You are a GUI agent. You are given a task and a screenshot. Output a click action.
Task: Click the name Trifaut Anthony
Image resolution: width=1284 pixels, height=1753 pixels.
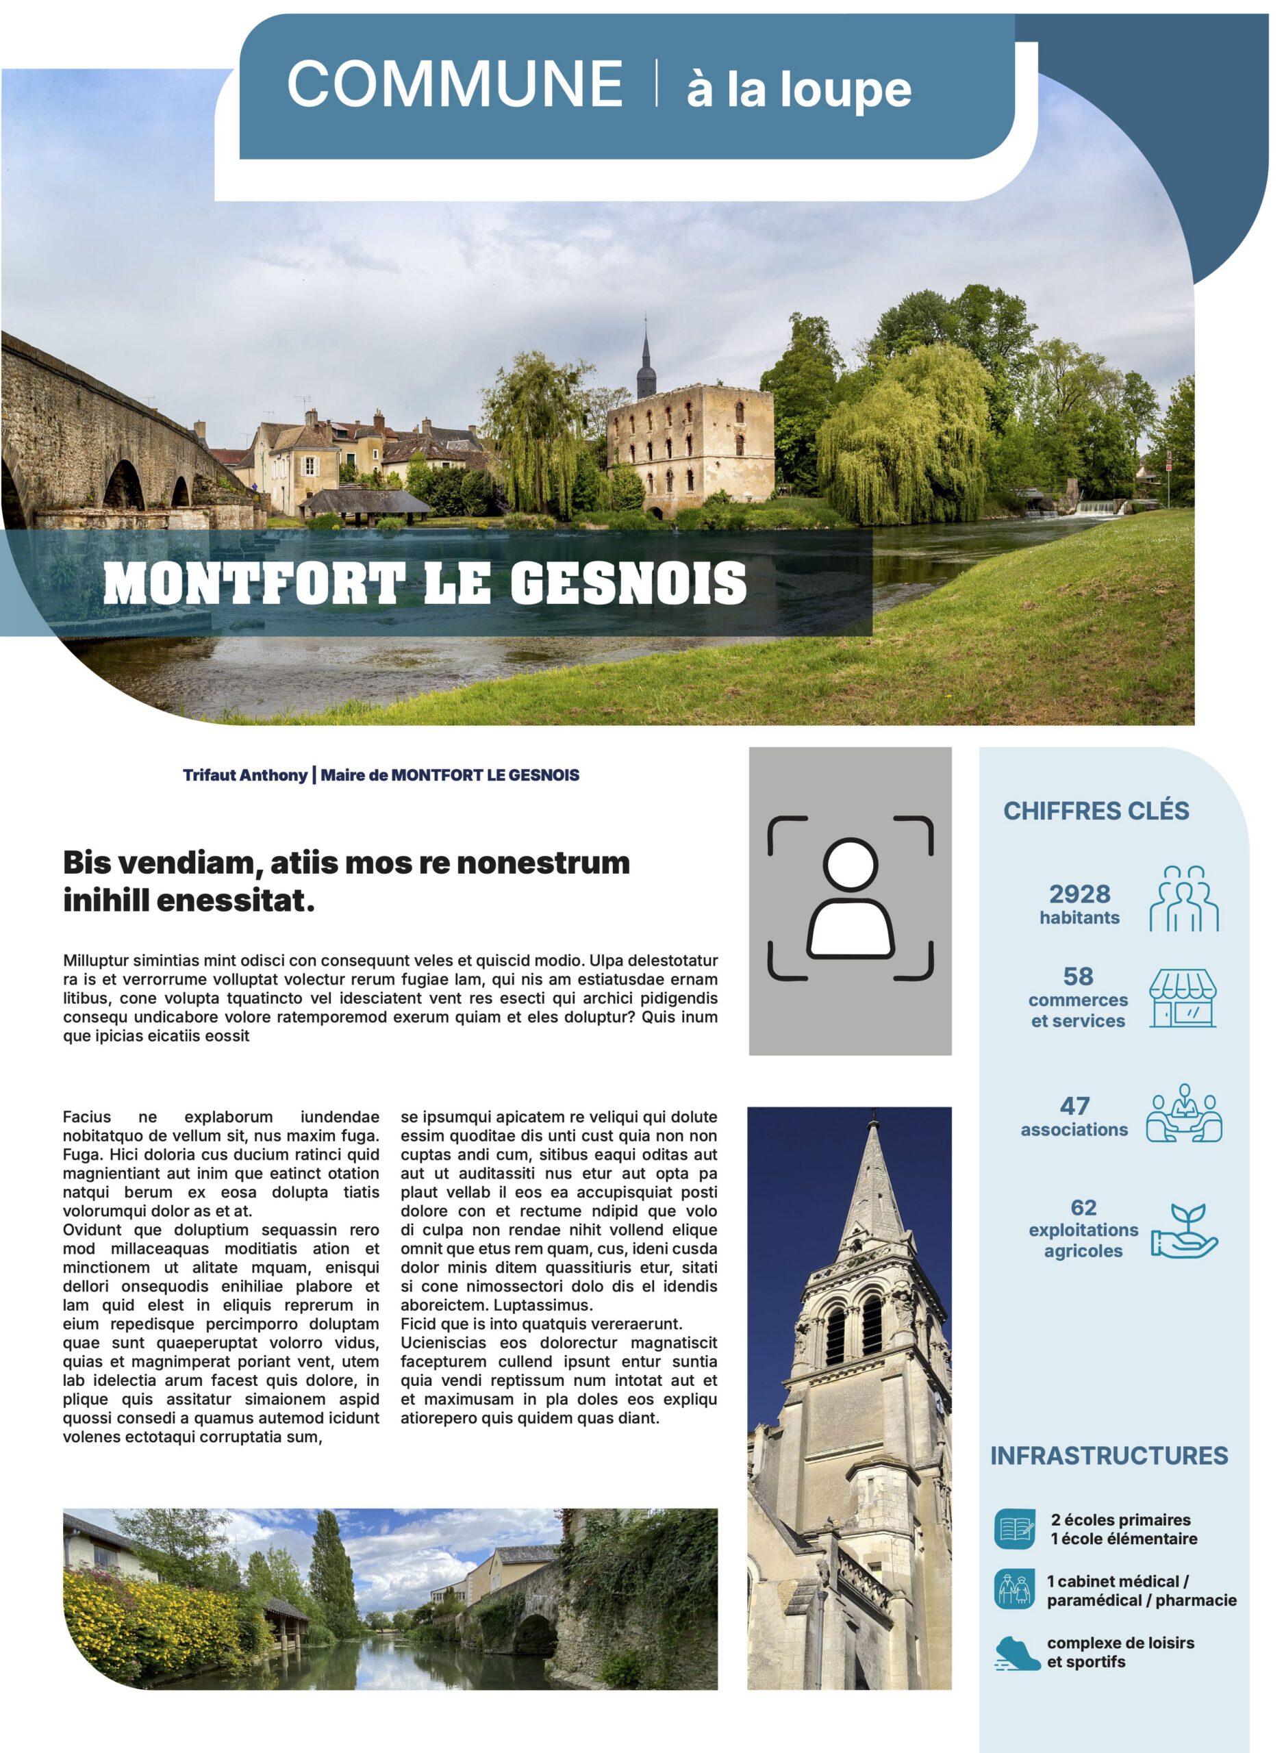click(x=245, y=774)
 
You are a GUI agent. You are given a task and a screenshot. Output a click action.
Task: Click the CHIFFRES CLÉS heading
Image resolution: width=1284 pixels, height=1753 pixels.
click(x=1096, y=811)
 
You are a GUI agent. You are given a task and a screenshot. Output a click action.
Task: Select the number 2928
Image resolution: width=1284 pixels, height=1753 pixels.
click(x=1079, y=894)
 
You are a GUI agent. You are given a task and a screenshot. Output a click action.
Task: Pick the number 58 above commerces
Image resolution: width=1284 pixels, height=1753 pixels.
click(x=1078, y=976)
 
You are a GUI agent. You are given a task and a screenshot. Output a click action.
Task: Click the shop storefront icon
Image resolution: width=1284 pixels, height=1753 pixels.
click(x=1183, y=998)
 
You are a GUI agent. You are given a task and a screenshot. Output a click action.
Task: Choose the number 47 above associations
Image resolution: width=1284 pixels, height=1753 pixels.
click(x=1075, y=1106)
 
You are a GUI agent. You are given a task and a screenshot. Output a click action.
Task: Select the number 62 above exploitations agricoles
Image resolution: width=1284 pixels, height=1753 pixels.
click(x=1083, y=1207)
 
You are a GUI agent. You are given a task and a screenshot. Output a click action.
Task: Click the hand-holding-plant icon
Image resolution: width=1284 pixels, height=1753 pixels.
click(x=1185, y=1231)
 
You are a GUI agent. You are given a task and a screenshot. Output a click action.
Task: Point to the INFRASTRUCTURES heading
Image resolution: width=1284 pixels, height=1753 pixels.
click(x=1109, y=1455)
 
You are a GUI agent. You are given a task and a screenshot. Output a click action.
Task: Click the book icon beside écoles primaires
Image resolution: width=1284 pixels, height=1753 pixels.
click(x=1014, y=1528)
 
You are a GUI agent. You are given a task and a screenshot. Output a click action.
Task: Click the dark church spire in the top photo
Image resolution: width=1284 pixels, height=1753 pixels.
click(x=646, y=362)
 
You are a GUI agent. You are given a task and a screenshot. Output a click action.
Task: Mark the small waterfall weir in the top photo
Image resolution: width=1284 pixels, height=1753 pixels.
click(x=1098, y=508)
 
